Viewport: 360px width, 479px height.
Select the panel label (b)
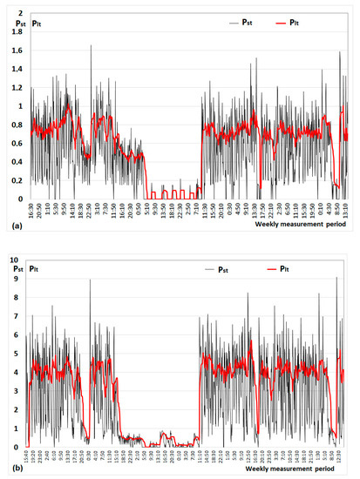click(x=10, y=469)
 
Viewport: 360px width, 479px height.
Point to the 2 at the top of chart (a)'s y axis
click(x=16, y=14)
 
